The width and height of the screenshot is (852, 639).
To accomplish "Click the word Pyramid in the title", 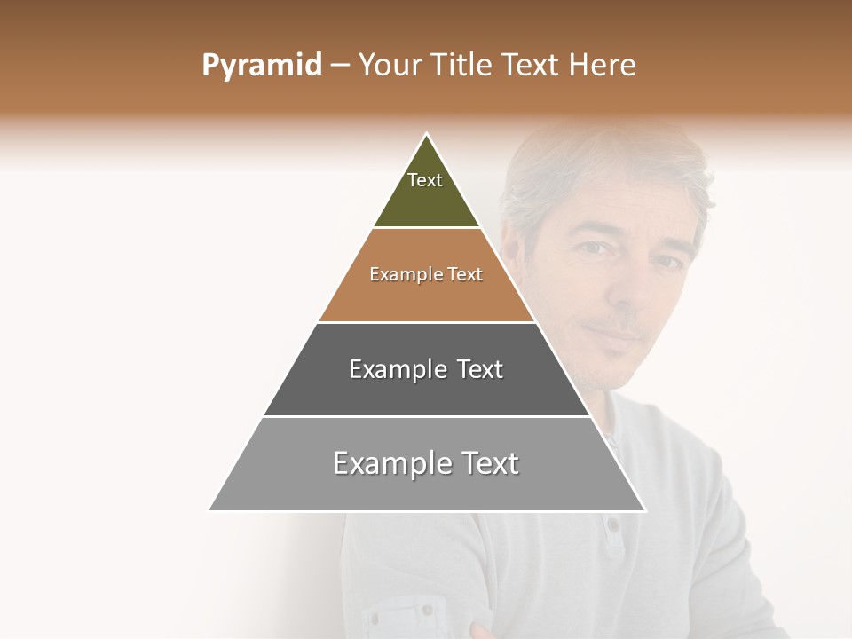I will (x=262, y=66).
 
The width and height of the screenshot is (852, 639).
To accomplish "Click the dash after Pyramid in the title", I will (x=339, y=66).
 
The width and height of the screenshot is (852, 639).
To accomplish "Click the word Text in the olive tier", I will (x=425, y=180).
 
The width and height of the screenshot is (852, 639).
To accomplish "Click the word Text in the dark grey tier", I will (x=480, y=369).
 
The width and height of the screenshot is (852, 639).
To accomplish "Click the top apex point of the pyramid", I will (x=427, y=134).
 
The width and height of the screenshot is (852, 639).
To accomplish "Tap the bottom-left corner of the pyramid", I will (x=210, y=509).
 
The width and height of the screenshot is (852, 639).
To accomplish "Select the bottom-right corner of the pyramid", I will (x=644, y=509).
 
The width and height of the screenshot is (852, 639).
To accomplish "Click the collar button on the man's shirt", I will (x=613, y=525).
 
